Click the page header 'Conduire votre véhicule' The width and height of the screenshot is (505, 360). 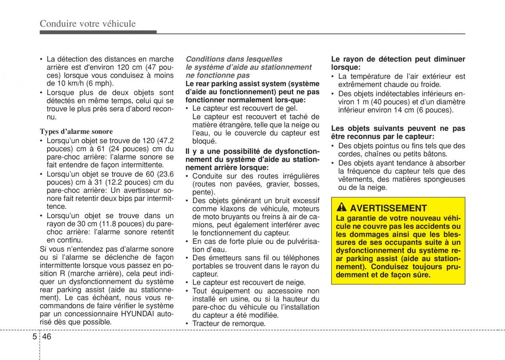pyautogui.click(x=88, y=24)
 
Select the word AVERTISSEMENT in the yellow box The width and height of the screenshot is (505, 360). pyautogui.click(x=388, y=208)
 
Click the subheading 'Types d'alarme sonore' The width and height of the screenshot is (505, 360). pyautogui.click(x=76, y=131)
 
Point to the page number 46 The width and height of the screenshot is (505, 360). pyautogui.click(x=47, y=337)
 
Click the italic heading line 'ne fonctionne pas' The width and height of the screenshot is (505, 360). pyautogui.click(x=218, y=75)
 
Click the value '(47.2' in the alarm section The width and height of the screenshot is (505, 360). pyautogui.click(x=165, y=140)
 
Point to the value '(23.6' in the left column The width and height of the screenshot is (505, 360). pyautogui.click(x=165, y=174)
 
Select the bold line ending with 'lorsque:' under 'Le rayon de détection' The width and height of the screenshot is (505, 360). pyautogui.click(x=346, y=67)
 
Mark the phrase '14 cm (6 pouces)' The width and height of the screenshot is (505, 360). pyautogui.click(x=425, y=110)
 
